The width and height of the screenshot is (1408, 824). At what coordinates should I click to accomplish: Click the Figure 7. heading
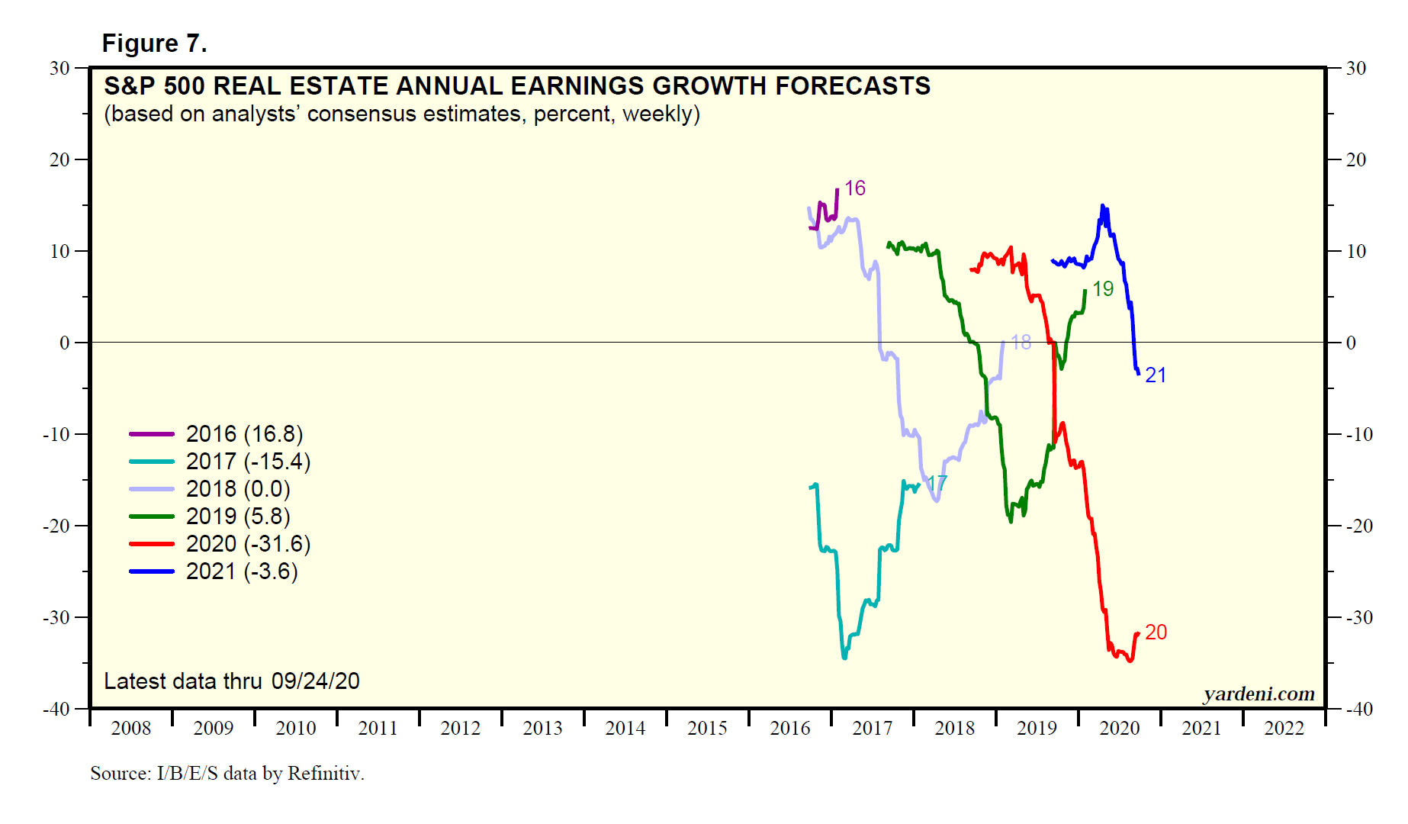(154, 43)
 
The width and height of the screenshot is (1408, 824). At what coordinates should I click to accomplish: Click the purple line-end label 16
(855, 188)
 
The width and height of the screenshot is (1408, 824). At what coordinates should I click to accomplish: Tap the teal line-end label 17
(937, 483)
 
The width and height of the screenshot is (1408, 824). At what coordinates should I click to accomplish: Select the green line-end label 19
(1103, 289)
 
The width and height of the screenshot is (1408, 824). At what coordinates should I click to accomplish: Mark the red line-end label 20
(1156, 632)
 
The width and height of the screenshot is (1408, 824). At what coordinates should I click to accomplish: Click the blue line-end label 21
(1156, 375)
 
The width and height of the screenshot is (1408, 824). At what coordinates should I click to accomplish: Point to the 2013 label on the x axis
(542, 729)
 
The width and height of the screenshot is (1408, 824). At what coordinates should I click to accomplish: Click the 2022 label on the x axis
(1284, 729)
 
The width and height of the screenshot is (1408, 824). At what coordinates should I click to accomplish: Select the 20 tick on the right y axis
(1355, 159)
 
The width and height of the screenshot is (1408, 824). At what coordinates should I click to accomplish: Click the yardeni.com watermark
(1259, 694)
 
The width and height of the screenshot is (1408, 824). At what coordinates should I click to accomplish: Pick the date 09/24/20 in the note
(315, 681)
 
